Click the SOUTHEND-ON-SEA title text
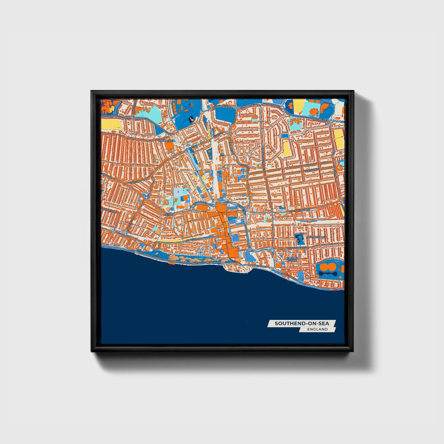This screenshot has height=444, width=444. tap(301, 323)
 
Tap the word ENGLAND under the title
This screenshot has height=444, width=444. tap(317, 329)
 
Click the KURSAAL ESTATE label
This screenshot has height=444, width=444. tap(292, 259)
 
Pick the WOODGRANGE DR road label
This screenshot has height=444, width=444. tap(298, 248)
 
